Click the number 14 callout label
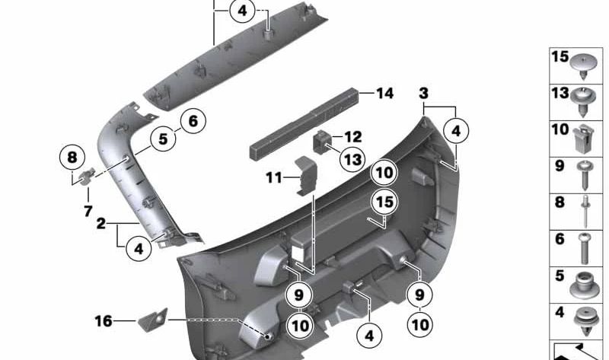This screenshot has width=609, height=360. [x=384, y=94]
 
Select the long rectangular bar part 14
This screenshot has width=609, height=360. [x=304, y=123]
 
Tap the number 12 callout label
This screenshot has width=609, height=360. [x=352, y=138]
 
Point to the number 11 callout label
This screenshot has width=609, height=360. [x=273, y=178]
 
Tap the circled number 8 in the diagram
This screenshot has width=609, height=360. [x=72, y=158]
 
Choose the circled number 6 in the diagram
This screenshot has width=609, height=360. [x=193, y=120]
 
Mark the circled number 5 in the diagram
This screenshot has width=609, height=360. [x=163, y=139]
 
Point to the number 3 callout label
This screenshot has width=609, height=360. [x=423, y=94]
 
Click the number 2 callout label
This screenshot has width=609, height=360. [x=101, y=225]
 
